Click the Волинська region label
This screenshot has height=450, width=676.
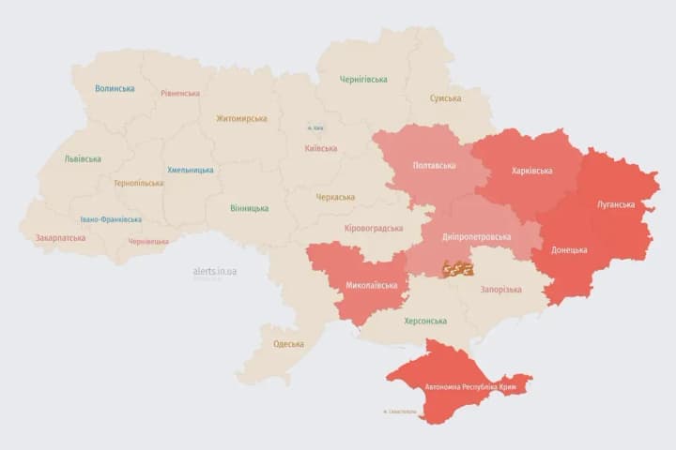click(115, 89)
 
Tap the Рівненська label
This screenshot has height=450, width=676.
click(180, 94)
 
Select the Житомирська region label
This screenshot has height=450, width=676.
click(241, 119)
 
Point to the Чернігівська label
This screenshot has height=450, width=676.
click(363, 80)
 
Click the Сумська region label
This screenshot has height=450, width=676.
click(445, 98)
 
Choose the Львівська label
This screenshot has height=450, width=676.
click(83, 159)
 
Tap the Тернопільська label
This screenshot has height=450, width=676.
click(138, 184)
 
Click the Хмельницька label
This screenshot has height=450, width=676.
click(190, 171)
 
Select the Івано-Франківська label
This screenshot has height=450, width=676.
click(111, 219)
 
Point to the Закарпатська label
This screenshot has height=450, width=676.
click(60, 238)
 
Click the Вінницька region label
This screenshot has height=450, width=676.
click(249, 208)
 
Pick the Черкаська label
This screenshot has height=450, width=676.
click(335, 197)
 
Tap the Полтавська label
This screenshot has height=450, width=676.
click(434, 166)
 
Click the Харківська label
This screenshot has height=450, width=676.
click(531, 171)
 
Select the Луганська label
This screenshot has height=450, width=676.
click(615, 204)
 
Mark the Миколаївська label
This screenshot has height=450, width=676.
click(371, 285)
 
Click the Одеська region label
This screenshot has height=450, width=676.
click(288, 344)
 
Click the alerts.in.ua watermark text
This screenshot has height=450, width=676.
click(214, 271)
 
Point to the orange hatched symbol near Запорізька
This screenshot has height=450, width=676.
click(458, 268)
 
